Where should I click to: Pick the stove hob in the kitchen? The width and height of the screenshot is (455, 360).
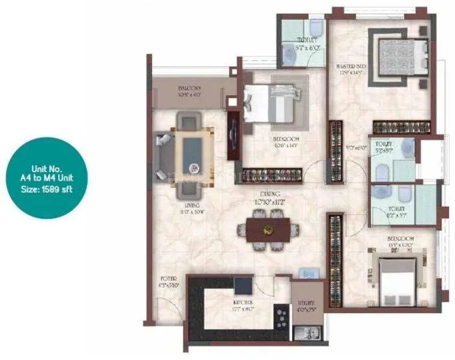[x=280, y=314]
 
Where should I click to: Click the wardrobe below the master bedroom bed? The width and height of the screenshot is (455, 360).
[x=401, y=127]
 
